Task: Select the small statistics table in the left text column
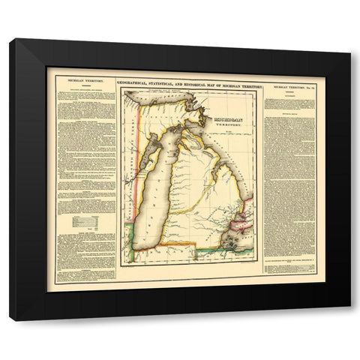pyautogui.click(x=82, y=222)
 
